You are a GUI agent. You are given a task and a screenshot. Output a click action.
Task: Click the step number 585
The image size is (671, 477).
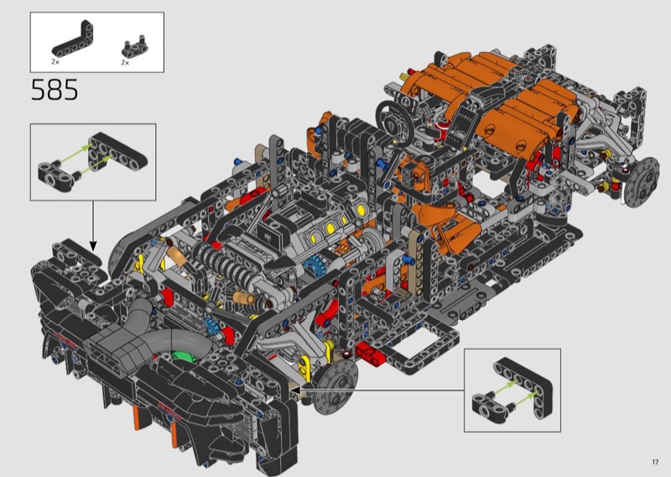click(55, 90)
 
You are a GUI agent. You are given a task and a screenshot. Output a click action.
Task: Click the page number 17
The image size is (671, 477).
click(655, 462)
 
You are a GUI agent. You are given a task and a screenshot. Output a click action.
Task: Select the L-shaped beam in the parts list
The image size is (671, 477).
click(74, 39)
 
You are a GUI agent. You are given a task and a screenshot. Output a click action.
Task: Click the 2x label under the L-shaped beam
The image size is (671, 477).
click(55, 61)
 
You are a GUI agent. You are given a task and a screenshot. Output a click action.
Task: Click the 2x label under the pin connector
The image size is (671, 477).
click(125, 63)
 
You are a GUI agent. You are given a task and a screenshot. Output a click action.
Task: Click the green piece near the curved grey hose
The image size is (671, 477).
click(183, 357)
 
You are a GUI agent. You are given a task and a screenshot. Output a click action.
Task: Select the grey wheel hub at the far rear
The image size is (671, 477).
click(642, 181)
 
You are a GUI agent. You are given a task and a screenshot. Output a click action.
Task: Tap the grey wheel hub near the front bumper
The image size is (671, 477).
click(335, 385)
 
